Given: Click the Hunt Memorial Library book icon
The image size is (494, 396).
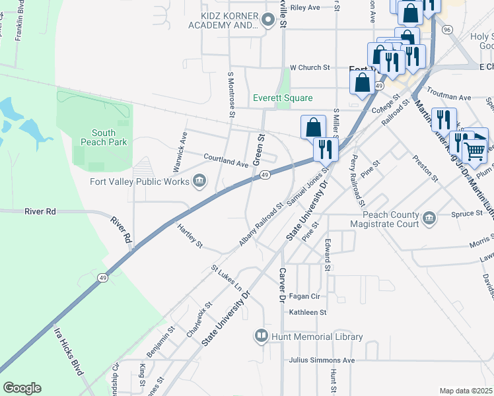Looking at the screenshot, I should [262, 337].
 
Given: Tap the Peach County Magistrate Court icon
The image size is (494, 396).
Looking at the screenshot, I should [429, 218].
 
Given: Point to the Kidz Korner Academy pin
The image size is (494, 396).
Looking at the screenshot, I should [267, 20].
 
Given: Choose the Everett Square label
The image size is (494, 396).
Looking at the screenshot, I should [283, 98].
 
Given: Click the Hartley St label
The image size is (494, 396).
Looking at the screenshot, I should [190, 236].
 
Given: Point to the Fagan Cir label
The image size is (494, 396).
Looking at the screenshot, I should [304, 297].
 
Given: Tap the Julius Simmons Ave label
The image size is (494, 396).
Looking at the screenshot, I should [322, 360].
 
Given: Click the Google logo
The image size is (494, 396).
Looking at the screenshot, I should [22, 388].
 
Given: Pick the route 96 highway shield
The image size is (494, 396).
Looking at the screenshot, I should [447, 30].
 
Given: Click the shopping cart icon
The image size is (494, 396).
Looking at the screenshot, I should [475, 150].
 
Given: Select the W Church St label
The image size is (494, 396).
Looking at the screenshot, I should [310, 67].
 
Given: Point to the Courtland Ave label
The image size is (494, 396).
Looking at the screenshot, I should [225, 159].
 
